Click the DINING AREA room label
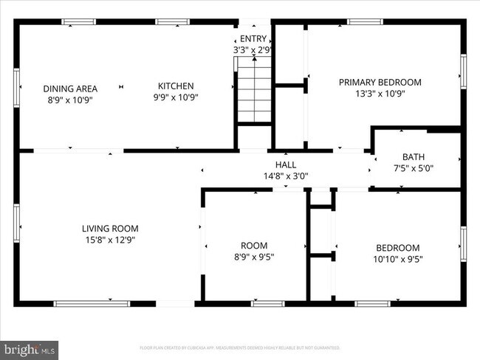70,88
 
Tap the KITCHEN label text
176,86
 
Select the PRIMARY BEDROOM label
380,82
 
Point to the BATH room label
413,156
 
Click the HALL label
286,165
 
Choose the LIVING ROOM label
110,229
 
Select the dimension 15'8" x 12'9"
110,240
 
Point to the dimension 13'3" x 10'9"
380,94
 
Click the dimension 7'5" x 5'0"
413,168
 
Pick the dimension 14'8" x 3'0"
286,176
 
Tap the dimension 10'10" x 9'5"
397,259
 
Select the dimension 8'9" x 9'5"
254,257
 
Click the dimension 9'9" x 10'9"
176,97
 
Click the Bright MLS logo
30,347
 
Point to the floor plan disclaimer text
239,347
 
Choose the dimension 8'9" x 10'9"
70,99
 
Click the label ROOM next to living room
254,246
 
